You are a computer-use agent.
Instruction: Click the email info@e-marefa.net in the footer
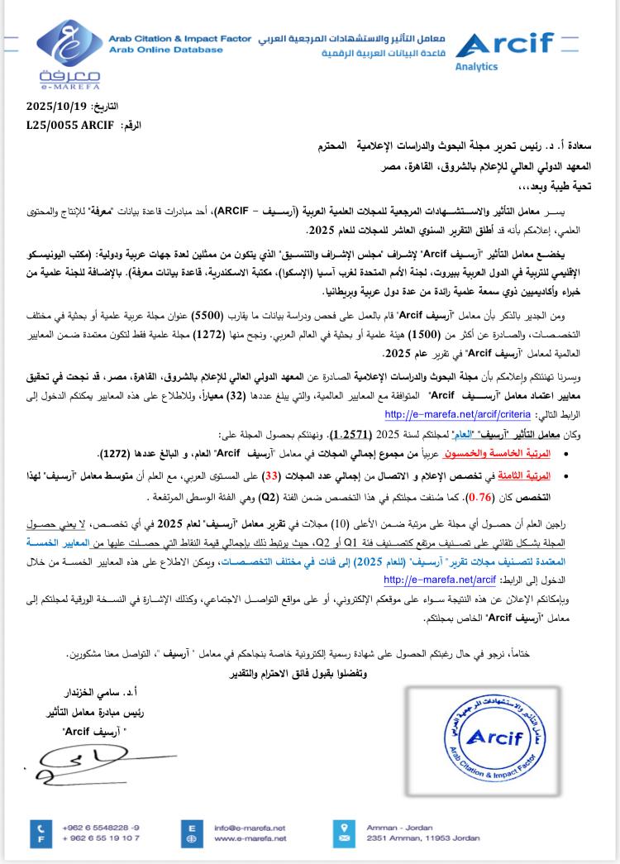(x=249, y=826)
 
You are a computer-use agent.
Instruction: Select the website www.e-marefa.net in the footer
(x=249, y=838)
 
